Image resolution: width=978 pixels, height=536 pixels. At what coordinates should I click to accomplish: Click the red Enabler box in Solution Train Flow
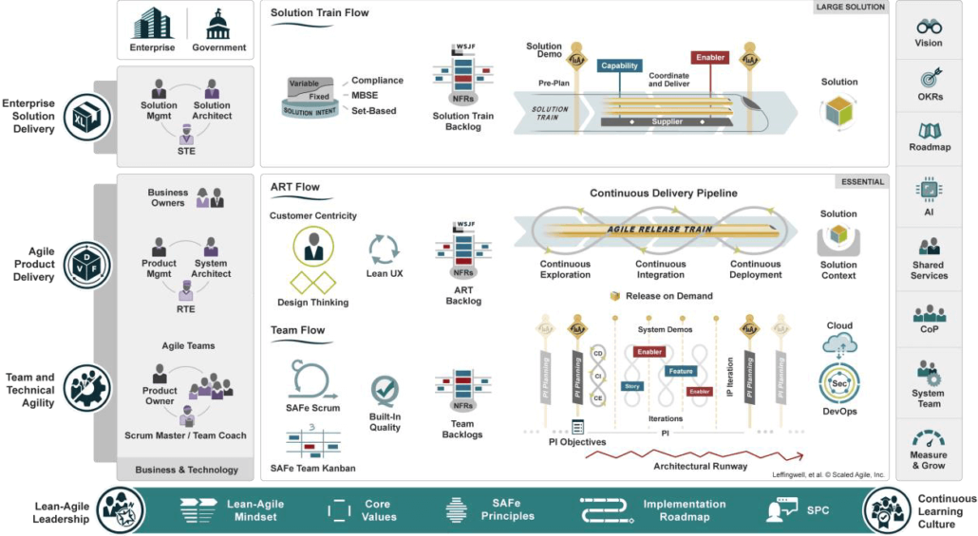(709, 57)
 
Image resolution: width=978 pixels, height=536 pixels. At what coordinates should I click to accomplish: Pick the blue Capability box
(619, 65)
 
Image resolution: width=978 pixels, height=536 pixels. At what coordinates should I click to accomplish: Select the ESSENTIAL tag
(862, 181)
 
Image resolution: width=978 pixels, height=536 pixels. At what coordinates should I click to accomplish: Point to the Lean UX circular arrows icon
(385, 250)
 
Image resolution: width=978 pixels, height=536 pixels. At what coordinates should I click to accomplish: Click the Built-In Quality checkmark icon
(385, 391)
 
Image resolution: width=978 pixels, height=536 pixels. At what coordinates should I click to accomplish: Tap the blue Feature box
(680, 371)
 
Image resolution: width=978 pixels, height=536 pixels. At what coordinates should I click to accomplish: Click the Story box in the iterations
(631, 386)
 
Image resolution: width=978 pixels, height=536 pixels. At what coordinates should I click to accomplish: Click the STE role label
(186, 150)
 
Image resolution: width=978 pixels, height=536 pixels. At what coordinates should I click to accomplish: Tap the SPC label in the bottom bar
(818, 510)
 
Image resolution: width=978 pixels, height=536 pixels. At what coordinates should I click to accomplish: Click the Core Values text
(377, 510)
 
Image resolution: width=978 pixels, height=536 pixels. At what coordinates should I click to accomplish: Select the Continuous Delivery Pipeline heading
(663, 194)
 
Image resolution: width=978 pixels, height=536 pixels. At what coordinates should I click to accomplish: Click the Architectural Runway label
(701, 466)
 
